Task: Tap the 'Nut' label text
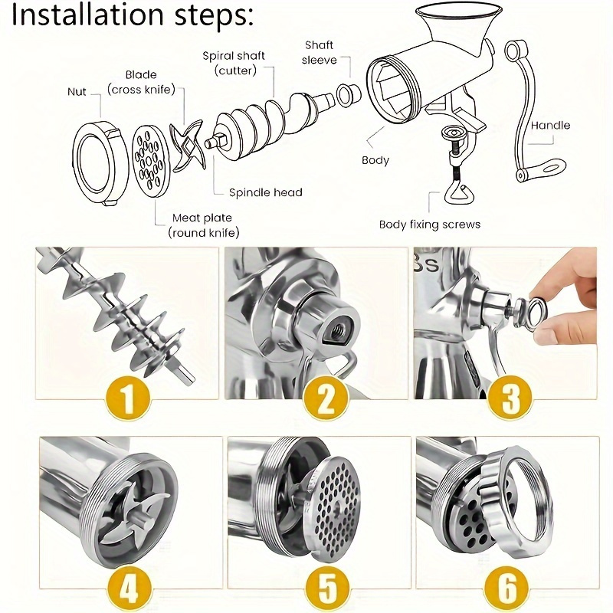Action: tap(77, 92)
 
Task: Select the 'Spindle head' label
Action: tap(266, 192)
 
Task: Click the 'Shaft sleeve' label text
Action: tap(319, 52)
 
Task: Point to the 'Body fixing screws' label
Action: tap(430, 225)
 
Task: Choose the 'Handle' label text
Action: tap(550, 125)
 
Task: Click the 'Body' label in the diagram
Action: tap(375, 160)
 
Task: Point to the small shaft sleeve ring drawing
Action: tap(349, 93)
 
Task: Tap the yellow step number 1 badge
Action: tap(126, 399)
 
